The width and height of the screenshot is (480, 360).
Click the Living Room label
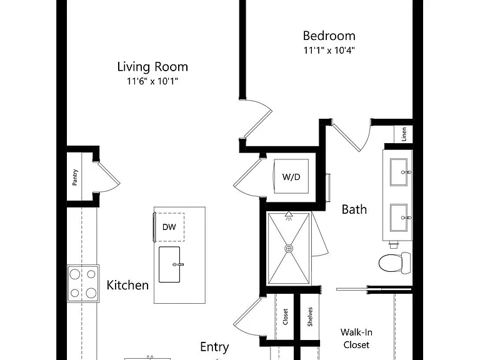point(152,67)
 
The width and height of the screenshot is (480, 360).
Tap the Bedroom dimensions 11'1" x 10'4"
point(329,50)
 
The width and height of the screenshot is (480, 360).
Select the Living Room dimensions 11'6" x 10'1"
point(152,81)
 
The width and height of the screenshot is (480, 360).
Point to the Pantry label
point(75,177)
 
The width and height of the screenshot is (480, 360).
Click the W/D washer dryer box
point(291,176)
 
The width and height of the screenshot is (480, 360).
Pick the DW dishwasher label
point(169,227)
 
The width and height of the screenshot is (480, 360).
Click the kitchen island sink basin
point(169,264)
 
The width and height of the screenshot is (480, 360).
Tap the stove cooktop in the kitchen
point(83,284)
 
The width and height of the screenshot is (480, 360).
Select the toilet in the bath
point(394,263)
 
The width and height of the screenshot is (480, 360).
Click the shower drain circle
point(289,248)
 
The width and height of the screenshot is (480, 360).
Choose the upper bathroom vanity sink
point(399,172)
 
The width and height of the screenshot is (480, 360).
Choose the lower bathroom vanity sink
point(399,217)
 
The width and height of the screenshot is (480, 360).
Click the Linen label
point(404,134)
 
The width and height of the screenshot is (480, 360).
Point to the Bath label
point(354,209)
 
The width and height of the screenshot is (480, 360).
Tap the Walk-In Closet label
point(356,338)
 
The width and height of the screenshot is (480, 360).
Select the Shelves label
point(310,317)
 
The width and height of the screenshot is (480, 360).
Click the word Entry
point(214,347)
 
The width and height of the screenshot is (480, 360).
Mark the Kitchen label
point(127,285)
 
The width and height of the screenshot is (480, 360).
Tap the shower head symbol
point(289,216)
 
